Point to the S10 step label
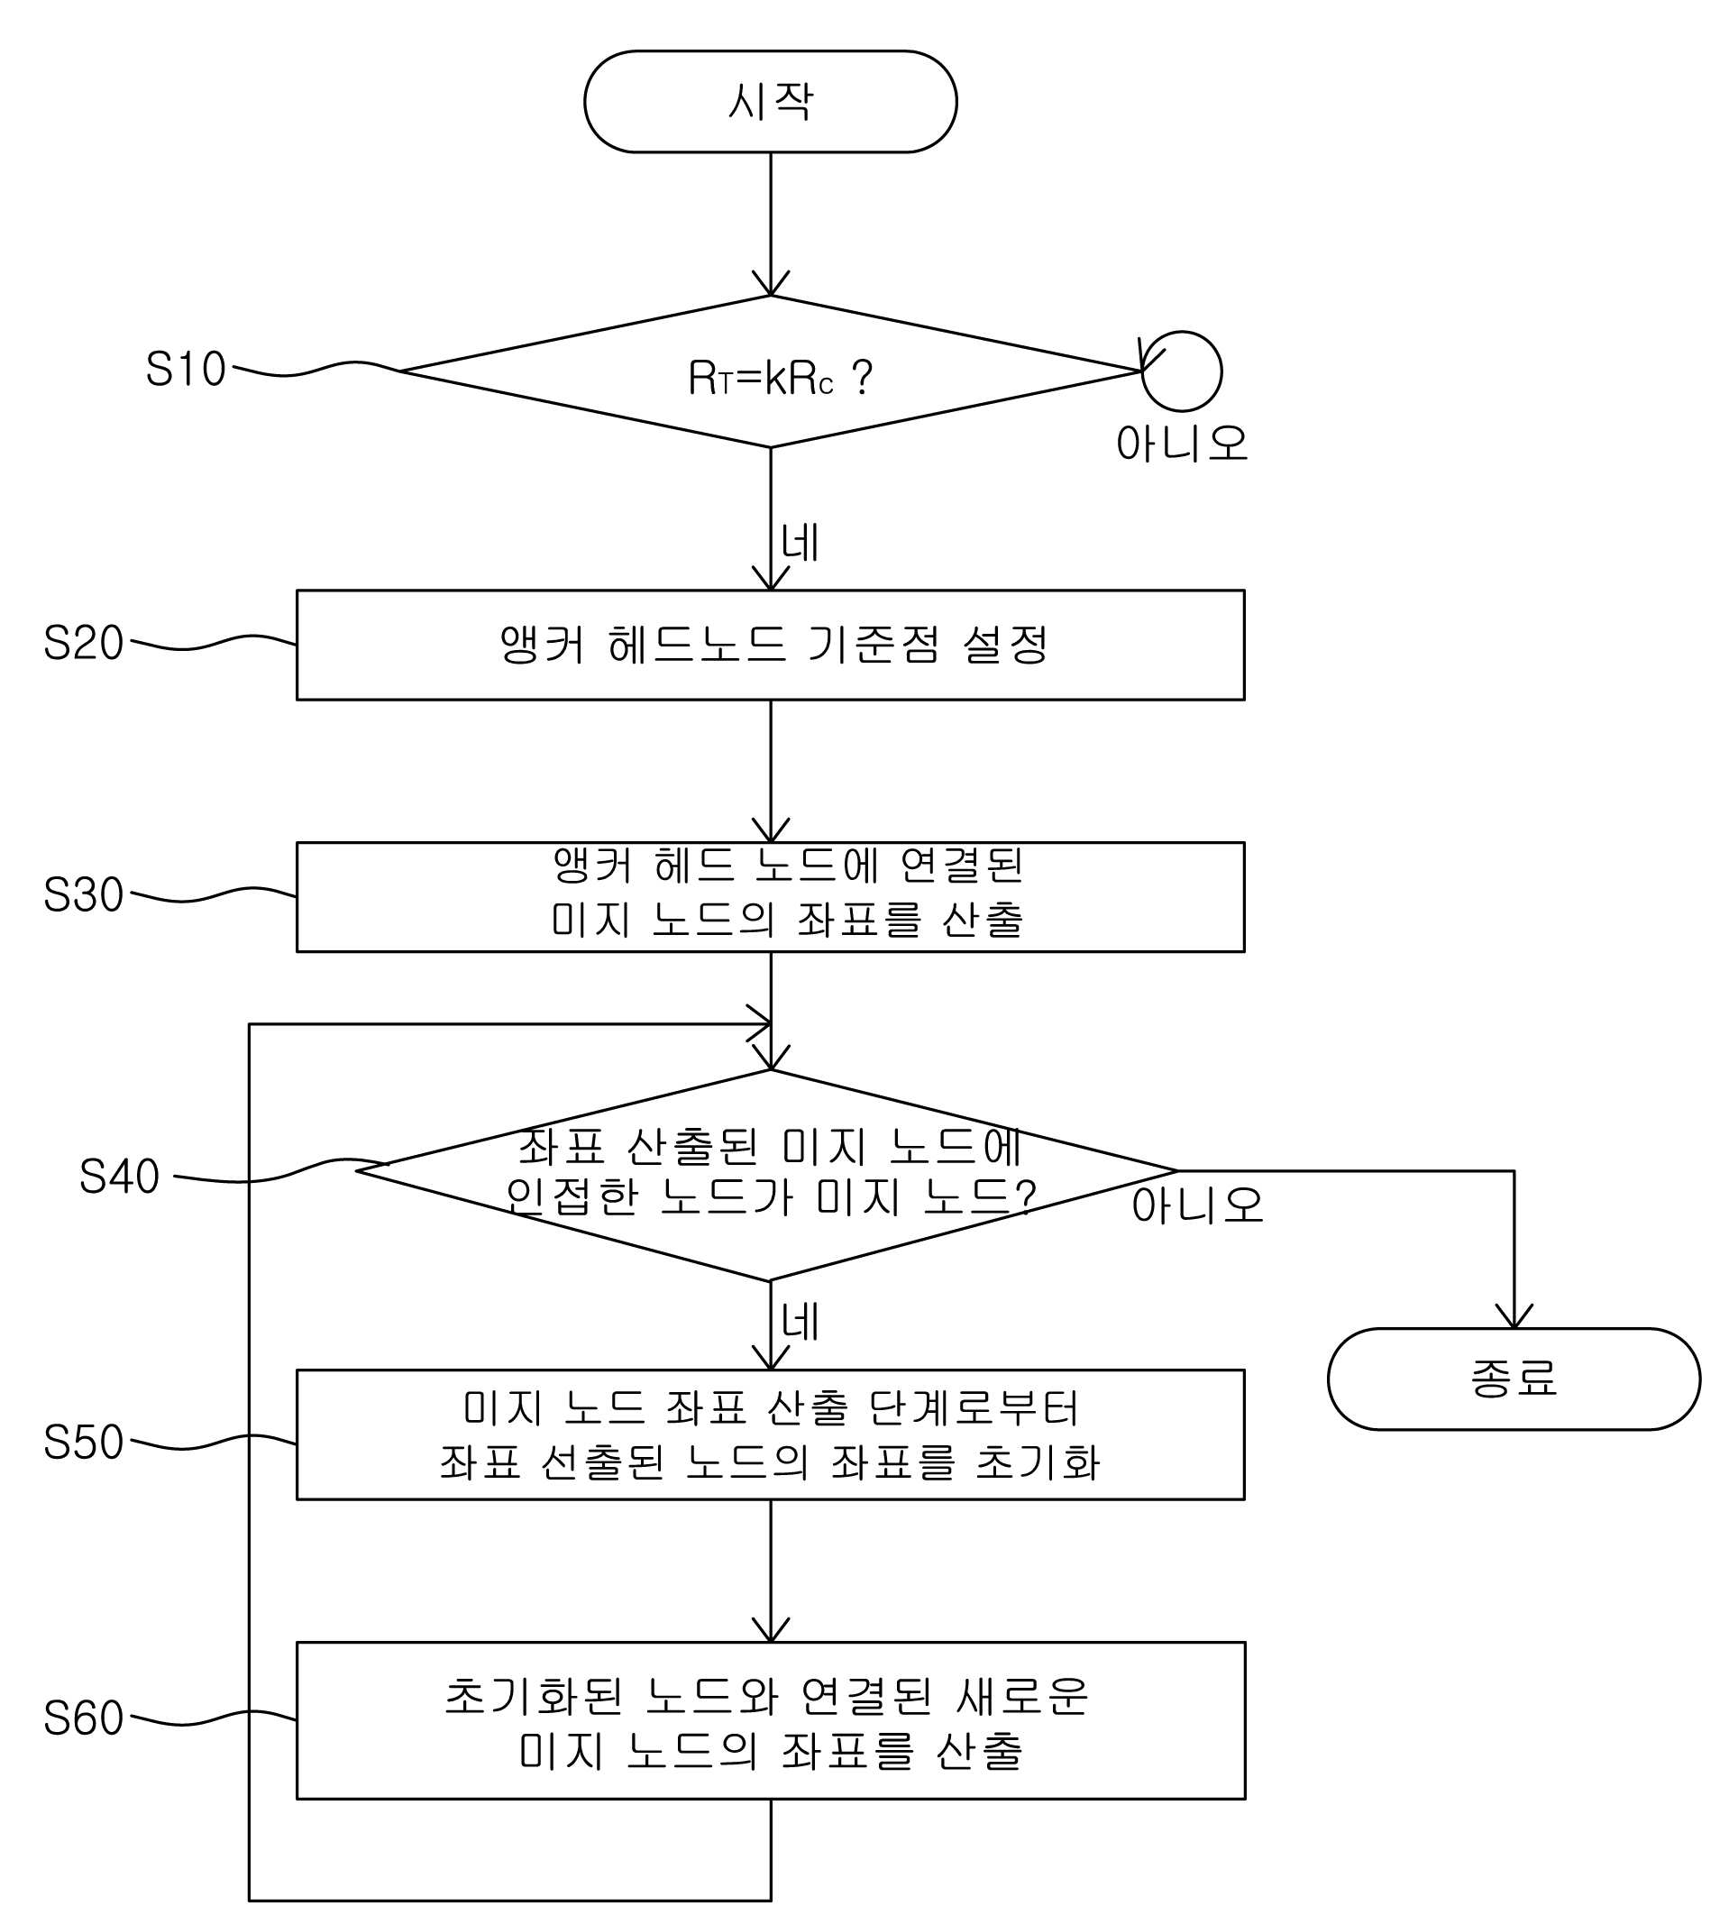point(185,369)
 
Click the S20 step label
point(83,643)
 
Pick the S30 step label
point(83,893)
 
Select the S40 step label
point(119,1177)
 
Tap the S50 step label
point(83,1442)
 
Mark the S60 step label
point(83,1718)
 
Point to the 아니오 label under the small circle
point(1182,444)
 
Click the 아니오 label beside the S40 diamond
point(1197,1205)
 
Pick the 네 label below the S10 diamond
point(800,543)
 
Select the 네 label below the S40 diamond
point(800,1321)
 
